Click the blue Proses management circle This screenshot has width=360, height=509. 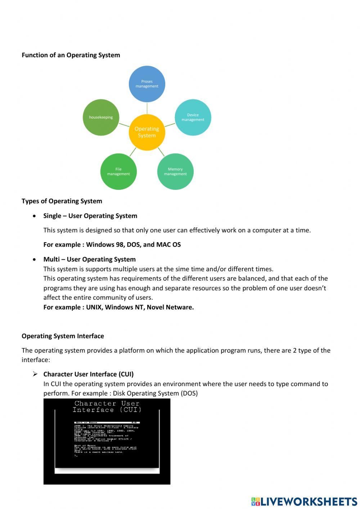click(147, 84)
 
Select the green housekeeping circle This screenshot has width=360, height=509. click(101, 117)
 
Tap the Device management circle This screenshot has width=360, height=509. click(193, 117)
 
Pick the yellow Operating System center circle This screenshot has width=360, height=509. click(147, 132)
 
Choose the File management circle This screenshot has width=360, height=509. click(118, 171)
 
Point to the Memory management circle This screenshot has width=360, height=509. click(175, 171)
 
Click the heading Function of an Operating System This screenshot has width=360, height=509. click(71, 55)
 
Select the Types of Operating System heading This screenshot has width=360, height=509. click(62, 201)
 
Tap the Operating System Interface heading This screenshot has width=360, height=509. click(63, 336)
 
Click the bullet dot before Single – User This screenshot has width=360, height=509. click(34, 216)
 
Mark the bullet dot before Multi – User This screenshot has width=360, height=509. click(34, 259)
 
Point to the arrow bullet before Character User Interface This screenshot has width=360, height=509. click(35, 374)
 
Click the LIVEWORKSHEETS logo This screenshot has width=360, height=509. click(304, 501)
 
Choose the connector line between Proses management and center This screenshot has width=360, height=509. click(147, 108)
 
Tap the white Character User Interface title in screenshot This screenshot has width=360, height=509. click(107, 407)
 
